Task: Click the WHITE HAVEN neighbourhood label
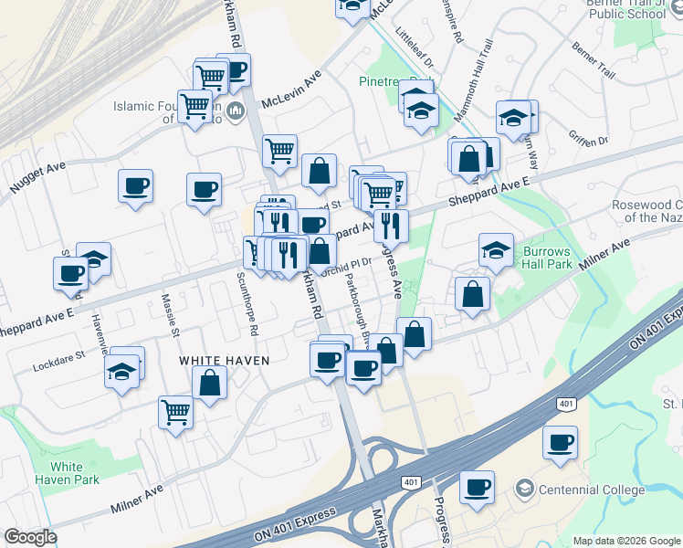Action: tap(224, 361)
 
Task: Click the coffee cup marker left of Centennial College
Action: tap(476, 487)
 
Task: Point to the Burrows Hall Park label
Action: tap(547, 258)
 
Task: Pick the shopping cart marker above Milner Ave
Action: tap(175, 411)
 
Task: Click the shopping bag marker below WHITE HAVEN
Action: tap(210, 383)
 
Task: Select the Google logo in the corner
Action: tap(29, 537)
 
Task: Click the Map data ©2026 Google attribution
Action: tap(627, 541)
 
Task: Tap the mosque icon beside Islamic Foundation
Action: tap(236, 112)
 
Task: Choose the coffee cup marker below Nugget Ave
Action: tap(135, 187)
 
